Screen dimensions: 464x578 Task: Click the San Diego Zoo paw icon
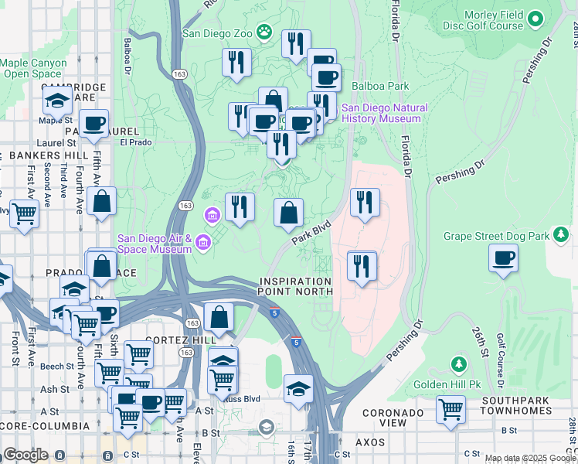coord(265,32)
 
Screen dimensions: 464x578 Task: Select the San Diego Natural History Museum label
coord(382,114)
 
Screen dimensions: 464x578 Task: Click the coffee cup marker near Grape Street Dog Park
coord(504,258)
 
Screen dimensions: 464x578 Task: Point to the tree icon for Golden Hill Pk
coord(458,363)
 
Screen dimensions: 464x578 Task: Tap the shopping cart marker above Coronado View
coord(450,410)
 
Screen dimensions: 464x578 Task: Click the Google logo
coord(25,455)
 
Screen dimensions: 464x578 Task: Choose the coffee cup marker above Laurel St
coord(95,124)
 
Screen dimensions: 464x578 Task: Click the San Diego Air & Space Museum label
coord(155,244)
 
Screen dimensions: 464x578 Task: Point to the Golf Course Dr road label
coord(501,358)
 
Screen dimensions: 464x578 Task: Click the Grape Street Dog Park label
coord(506,235)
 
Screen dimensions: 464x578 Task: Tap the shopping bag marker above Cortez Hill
coord(220,317)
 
